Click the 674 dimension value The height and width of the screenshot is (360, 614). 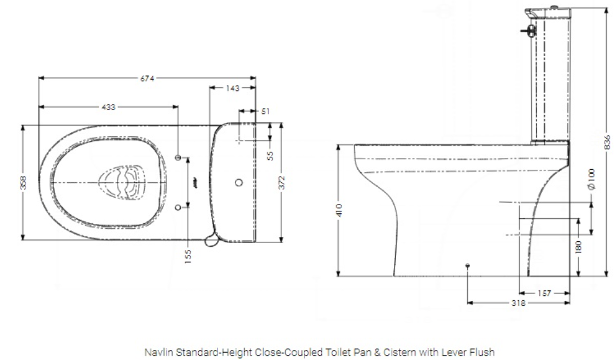point(147,78)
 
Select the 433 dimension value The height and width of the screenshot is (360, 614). point(109,107)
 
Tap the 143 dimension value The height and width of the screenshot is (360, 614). point(232,88)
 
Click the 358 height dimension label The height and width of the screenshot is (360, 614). point(23,182)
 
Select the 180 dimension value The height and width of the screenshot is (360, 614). point(578,247)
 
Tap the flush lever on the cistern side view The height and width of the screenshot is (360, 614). point(528,29)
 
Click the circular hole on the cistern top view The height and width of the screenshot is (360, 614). point(240,183)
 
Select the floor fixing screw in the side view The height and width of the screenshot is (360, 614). point(467,265)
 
